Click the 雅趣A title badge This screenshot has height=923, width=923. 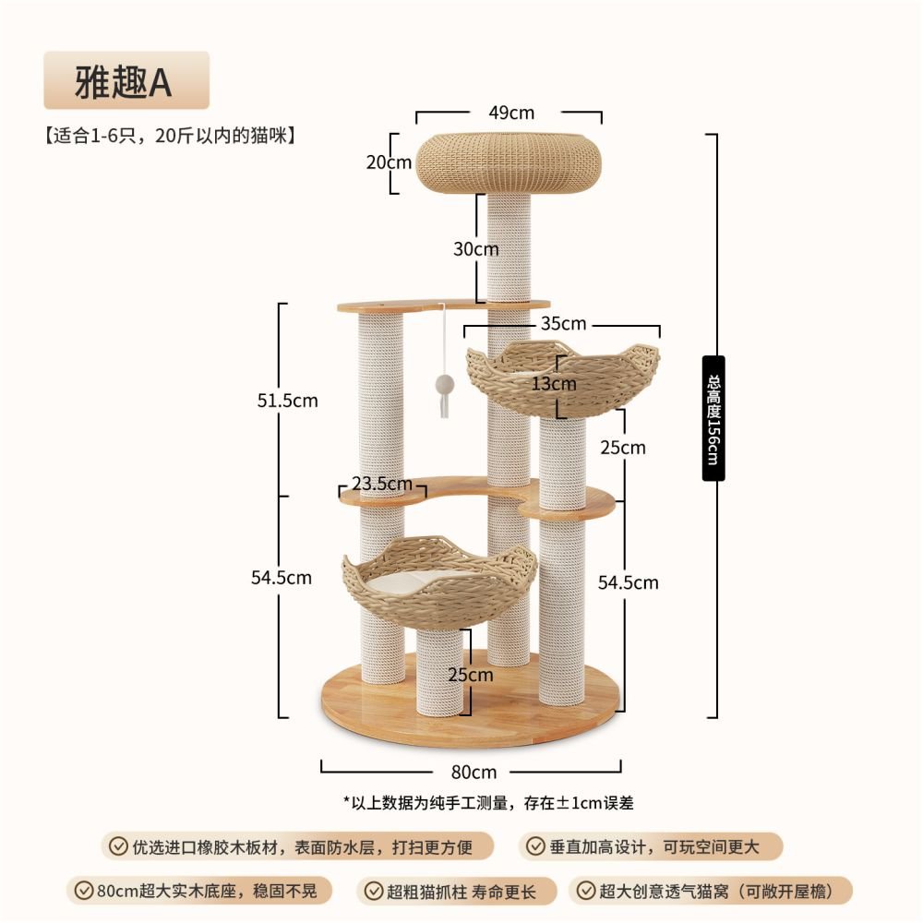pos(126,80)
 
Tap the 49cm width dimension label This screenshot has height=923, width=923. pos(511,113)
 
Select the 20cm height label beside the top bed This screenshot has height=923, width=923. pos(389,162)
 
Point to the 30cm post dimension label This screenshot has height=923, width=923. pos(475,249)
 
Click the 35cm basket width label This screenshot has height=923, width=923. pos(563,323)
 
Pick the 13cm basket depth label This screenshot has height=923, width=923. pos(553,384)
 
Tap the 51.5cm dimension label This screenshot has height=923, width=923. pos(287,401)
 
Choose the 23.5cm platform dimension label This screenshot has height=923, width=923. pos(382,484)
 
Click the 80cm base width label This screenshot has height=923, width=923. pos(473,772)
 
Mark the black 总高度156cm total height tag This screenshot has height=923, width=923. pos(713,418)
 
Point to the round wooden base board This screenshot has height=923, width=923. pos(471,701)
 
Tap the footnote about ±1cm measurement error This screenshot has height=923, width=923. pos(488,802)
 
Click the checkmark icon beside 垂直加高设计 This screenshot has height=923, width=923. pos(535,846)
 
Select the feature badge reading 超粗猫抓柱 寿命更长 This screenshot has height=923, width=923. pos(456,892)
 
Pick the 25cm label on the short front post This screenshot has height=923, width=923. pos(471,675)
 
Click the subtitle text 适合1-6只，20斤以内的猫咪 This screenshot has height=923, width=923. pos(170,136)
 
